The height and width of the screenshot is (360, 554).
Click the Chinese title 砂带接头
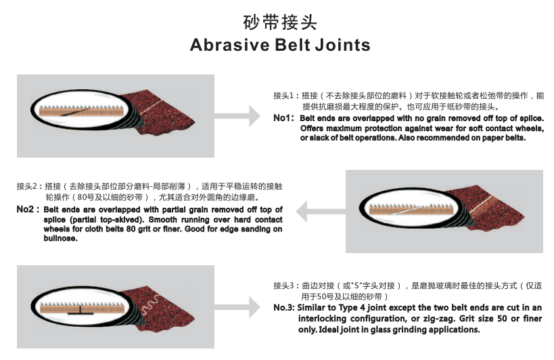(x=280, y=22)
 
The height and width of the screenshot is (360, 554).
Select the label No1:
(x=283, y=118)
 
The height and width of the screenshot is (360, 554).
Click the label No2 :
(x=28, y=209)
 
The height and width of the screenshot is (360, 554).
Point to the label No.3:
(x=283, y=308)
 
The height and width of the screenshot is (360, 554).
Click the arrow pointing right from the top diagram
(x=237, y=116)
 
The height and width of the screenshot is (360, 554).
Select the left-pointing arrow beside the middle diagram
(x=321, y=212)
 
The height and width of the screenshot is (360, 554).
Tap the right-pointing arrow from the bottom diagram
(x=237, y=307)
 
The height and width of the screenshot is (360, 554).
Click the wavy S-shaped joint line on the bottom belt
(x=151, y=306)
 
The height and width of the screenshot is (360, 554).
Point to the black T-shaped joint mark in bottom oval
(x=80, y=311)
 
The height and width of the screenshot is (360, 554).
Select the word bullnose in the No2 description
(x=60, y=238)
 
